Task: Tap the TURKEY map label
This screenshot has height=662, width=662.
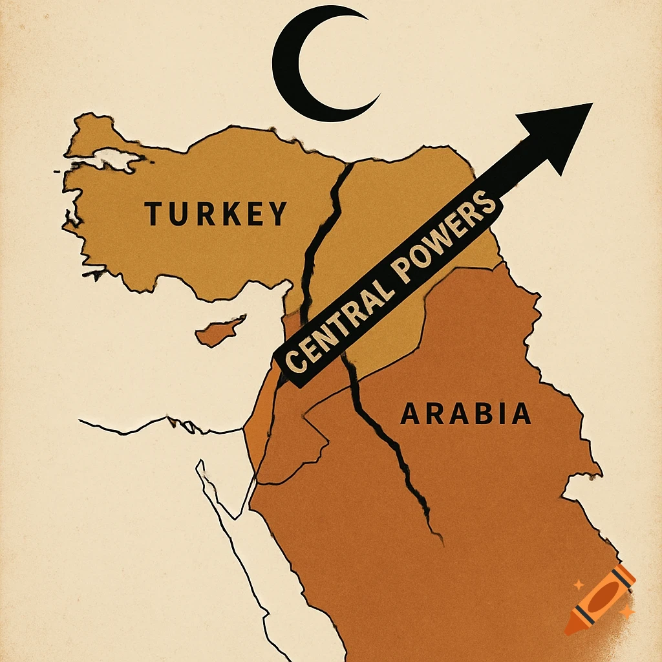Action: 215,214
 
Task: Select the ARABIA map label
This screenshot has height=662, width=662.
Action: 465,414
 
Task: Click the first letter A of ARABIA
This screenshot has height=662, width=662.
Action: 410,414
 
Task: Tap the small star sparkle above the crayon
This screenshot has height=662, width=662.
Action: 578,585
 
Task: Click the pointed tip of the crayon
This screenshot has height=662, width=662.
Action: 569,629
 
